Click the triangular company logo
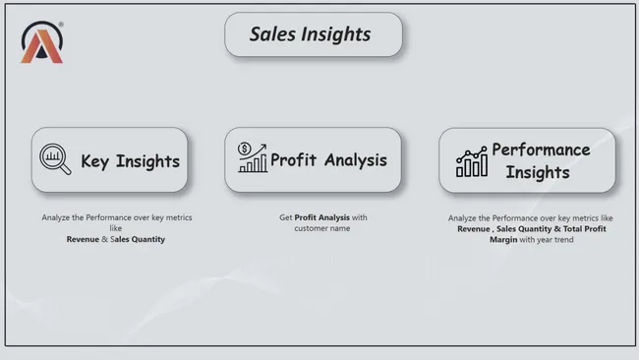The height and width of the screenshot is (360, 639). (41, 43)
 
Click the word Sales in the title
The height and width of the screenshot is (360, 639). (270, 34)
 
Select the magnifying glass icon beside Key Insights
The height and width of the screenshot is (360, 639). (55, 159)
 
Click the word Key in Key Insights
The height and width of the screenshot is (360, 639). (95, 161)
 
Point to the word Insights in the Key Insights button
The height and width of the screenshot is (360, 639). (147, 161)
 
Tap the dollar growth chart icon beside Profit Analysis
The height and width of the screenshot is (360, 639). (253, 155)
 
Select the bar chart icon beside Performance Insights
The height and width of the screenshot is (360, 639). (471, 162)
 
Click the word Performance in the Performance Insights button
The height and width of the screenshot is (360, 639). (541, 150)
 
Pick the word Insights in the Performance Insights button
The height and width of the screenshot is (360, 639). (538, 172)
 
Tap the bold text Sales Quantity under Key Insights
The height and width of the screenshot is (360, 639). (137, 240)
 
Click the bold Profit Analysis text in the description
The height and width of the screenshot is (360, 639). (321, 218)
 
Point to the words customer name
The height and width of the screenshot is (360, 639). (321, 229)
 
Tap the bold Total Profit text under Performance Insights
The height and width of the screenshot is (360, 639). (581, 229)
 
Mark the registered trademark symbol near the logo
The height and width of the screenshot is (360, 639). (61, 25)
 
